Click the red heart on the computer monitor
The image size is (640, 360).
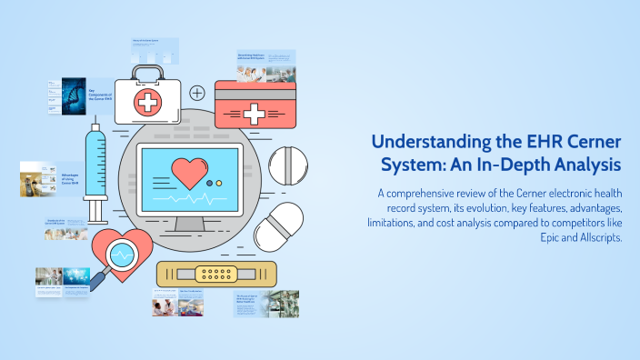tap(192, 171)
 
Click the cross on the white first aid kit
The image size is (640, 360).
tap(146, 102)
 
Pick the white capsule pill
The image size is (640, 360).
tap(278, 226)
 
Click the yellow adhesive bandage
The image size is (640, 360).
tap(204, 274)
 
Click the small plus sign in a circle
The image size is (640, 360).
tap(197, 93)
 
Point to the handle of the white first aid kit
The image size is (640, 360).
tap(146, 71)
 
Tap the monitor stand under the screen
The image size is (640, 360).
tap(188, 222)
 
